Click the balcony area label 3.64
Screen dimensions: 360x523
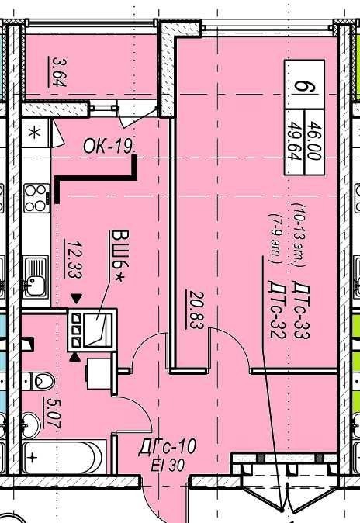click(59, 72)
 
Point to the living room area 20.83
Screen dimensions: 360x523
click(196, 310)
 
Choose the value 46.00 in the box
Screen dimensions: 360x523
click(313, 141)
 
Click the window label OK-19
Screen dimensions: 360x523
click(108, 146)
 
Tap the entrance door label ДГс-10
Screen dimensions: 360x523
click(168, 447)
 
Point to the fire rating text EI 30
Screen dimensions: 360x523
click(168, 465)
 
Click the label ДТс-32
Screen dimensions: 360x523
click(277, 310)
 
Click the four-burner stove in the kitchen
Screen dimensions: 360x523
click(36, 198)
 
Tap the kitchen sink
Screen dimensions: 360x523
click(36, 278)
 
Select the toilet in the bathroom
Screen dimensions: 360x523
click(39, 381)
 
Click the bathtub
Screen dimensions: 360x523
click(64, 457)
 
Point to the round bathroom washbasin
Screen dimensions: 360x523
click(31, 425)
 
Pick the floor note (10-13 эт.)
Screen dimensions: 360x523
click(299, 234)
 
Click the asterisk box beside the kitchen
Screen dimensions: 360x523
click(35, 133)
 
